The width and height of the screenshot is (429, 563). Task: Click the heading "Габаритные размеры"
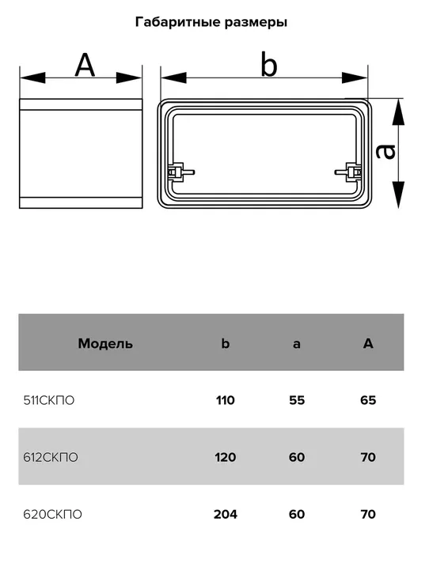(x=211, y=23)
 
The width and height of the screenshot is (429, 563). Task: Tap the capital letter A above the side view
(x=85, y=66)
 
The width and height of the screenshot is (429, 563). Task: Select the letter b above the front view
(x=269, y=65)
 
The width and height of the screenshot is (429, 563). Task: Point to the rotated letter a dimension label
(x=385, y=152)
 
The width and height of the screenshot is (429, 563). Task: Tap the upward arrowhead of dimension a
(x=398, y=112)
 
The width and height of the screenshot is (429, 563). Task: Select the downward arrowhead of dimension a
(x=398, y=195)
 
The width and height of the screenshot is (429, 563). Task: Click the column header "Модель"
(x=105, y=344)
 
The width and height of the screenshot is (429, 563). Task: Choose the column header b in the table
(x=226, y=343)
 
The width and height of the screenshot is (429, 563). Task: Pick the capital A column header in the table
(x=368, y=344)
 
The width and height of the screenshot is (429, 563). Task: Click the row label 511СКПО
(x=49, y=400)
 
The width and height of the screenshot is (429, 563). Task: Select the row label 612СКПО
(x=51, y=457)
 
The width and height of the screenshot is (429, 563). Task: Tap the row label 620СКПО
(x=52, y=514)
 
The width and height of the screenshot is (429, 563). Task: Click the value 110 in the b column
(x=226, y=400)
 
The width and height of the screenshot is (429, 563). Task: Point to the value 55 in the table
(x=297, y=400)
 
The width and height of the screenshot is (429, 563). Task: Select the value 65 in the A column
(x=368, y=400)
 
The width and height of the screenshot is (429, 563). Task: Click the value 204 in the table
(x=226, y=514)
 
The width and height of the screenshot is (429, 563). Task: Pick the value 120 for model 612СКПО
(x=226, y=457)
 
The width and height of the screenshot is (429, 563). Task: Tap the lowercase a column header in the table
(x=296, y=344)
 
